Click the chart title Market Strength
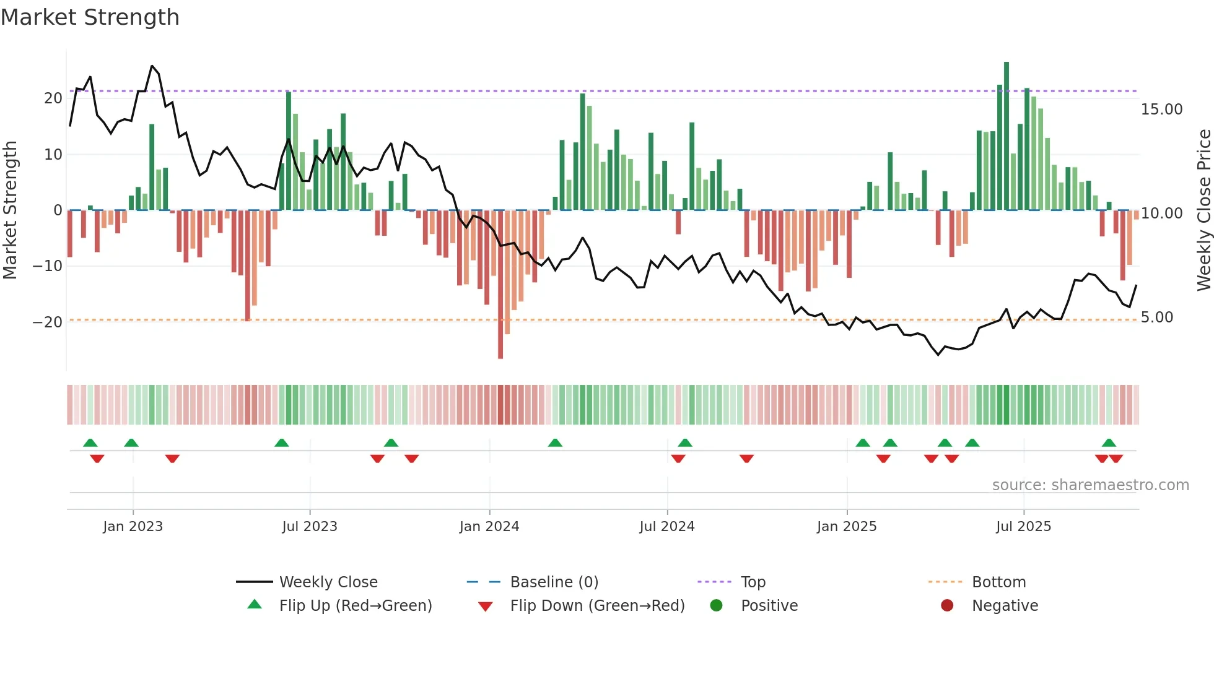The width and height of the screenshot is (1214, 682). [90, 17]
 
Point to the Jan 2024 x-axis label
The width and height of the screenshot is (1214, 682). [489, 527]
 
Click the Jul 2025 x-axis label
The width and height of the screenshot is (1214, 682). [1023, 527]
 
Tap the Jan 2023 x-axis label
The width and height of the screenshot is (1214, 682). [133, 527]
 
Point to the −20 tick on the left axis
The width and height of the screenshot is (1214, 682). [48, 322]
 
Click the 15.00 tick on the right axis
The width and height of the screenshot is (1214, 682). [1161, 110]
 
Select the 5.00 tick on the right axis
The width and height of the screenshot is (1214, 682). [1157, 317]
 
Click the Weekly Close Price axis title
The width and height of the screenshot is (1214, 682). [1203, 210]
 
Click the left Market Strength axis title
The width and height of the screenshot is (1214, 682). [10, 210]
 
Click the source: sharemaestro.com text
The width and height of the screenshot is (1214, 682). [1090, 485]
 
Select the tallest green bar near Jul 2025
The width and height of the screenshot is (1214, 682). [1007, 136]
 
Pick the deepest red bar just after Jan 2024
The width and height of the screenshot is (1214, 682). [500, 285]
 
